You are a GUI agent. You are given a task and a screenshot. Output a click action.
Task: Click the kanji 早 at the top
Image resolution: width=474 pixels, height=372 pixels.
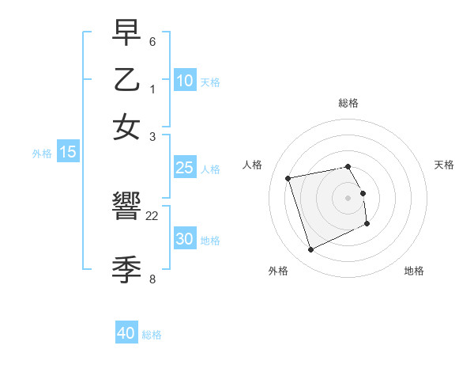[126, 34]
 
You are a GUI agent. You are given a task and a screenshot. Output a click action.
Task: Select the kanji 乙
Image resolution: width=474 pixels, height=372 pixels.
[126, 80]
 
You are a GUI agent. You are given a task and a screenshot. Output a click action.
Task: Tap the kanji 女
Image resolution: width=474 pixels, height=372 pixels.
[126, 127]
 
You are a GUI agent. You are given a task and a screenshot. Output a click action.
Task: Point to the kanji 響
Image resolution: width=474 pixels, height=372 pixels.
[126, 209]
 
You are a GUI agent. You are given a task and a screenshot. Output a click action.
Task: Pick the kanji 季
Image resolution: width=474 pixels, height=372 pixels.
[126, 268]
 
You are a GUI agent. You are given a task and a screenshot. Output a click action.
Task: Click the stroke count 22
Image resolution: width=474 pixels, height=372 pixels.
[152, 216]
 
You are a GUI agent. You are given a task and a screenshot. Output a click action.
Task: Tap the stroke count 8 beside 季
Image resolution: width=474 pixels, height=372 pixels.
[152, 279]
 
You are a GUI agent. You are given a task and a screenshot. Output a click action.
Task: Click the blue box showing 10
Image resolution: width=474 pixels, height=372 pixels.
[184, 80]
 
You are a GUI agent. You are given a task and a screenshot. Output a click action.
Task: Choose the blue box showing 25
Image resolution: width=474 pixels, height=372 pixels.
[184, 168]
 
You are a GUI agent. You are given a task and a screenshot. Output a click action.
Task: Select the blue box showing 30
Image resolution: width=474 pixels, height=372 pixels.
[184, 239]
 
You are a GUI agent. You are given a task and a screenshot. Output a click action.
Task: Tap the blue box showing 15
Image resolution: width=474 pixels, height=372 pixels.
[67, 152]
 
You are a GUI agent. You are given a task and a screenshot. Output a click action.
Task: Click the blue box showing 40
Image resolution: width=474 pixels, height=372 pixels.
[126, 333]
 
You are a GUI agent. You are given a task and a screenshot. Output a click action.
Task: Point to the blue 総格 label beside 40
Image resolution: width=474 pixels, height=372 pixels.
[152, 335]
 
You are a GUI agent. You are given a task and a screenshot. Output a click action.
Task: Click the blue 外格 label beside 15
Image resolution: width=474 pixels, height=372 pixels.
[42, 154]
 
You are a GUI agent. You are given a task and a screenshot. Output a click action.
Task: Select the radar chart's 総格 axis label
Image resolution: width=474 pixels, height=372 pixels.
[348, 103]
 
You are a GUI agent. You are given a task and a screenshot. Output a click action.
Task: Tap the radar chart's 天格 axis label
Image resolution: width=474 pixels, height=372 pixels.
[444, 165]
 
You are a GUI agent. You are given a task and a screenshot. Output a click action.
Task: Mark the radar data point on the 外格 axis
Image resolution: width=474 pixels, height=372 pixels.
[310, 250]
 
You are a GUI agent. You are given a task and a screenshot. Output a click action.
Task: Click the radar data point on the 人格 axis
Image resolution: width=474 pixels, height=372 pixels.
[288, 177]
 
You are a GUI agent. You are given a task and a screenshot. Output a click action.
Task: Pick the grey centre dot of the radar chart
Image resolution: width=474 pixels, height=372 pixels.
[348, 198]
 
